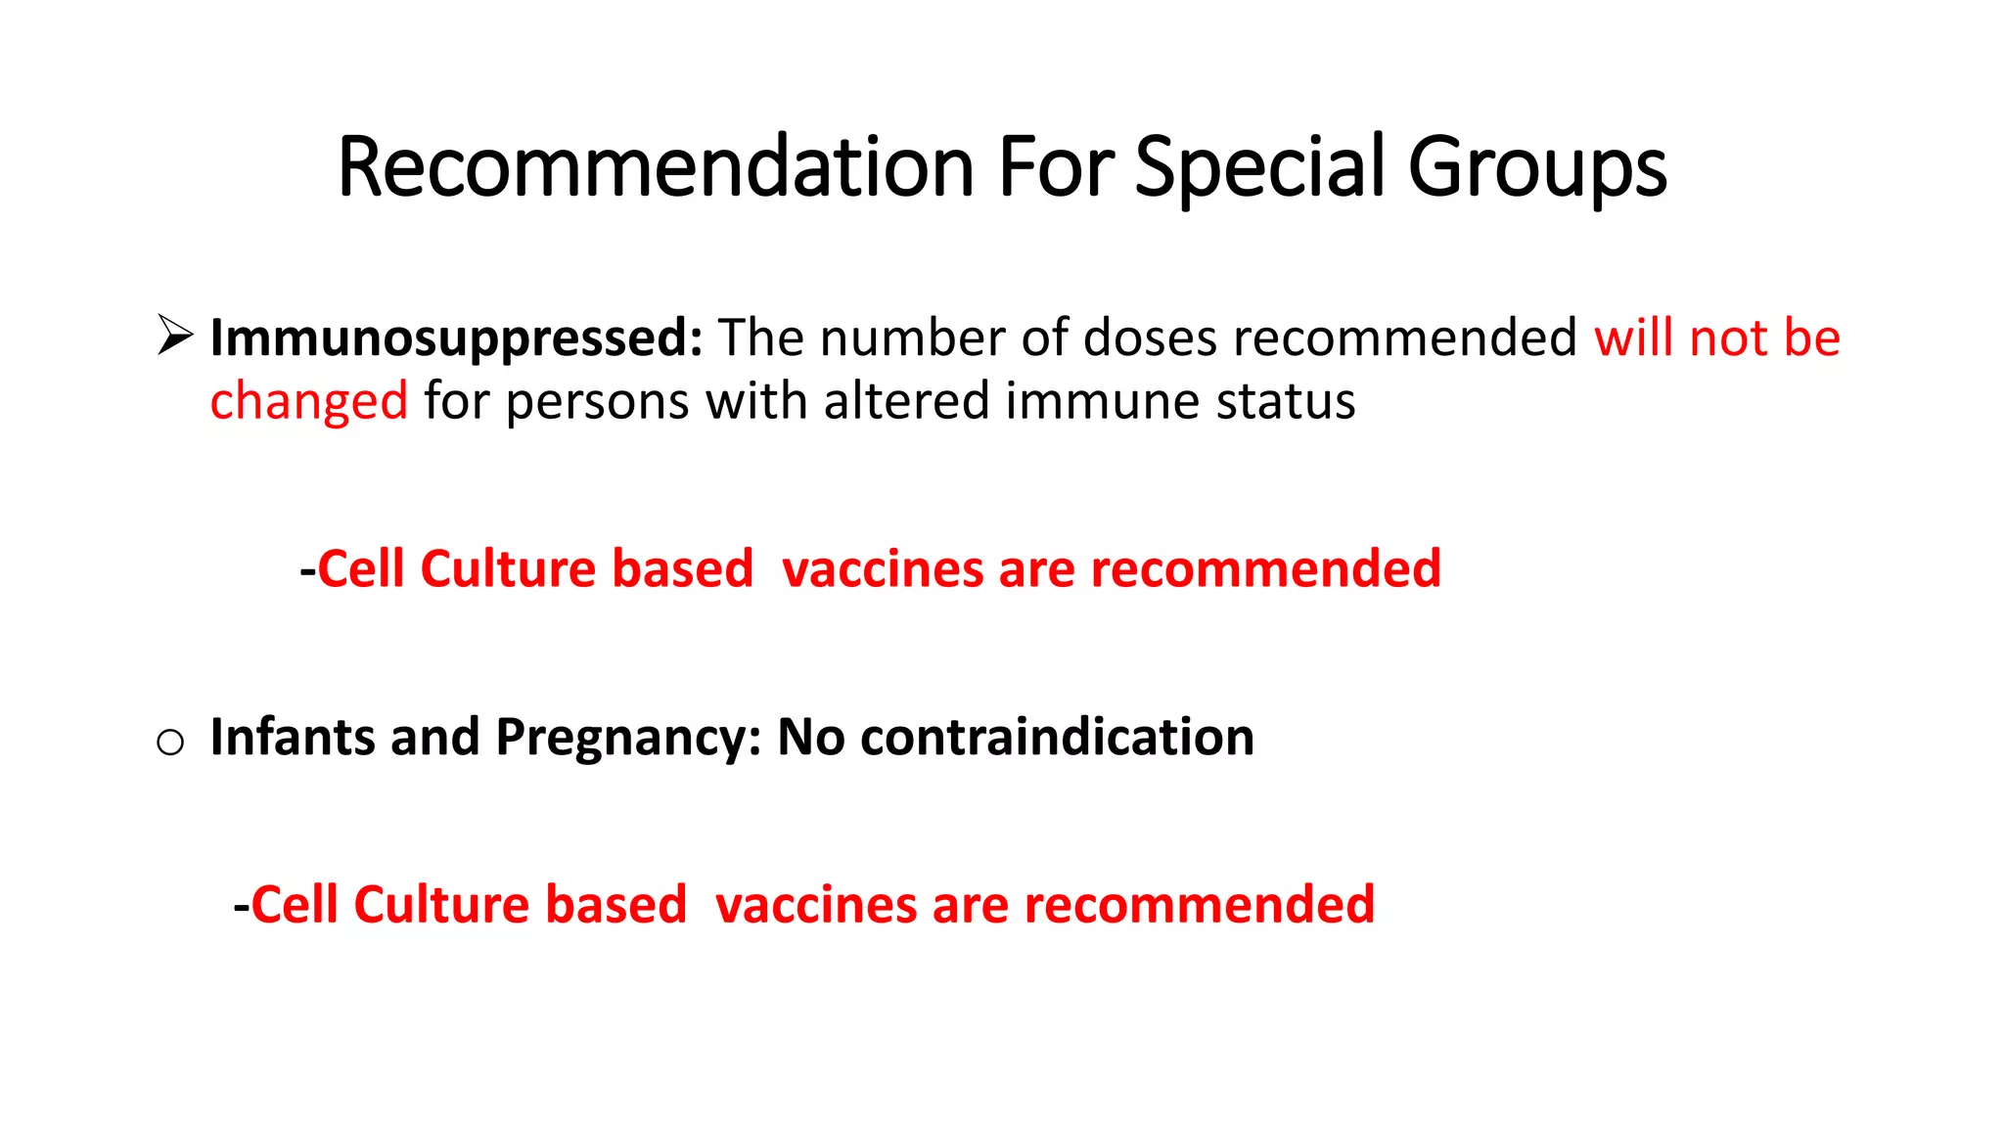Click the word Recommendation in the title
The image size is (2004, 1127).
[x=655, y=167]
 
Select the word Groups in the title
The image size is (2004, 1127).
[x=1536, y=167]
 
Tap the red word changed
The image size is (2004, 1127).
[x=308, y=402]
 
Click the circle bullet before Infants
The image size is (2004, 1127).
[x=170, y=743]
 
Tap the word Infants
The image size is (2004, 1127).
[x=292, y=737]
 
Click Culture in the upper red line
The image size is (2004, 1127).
[x=508, y=568]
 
